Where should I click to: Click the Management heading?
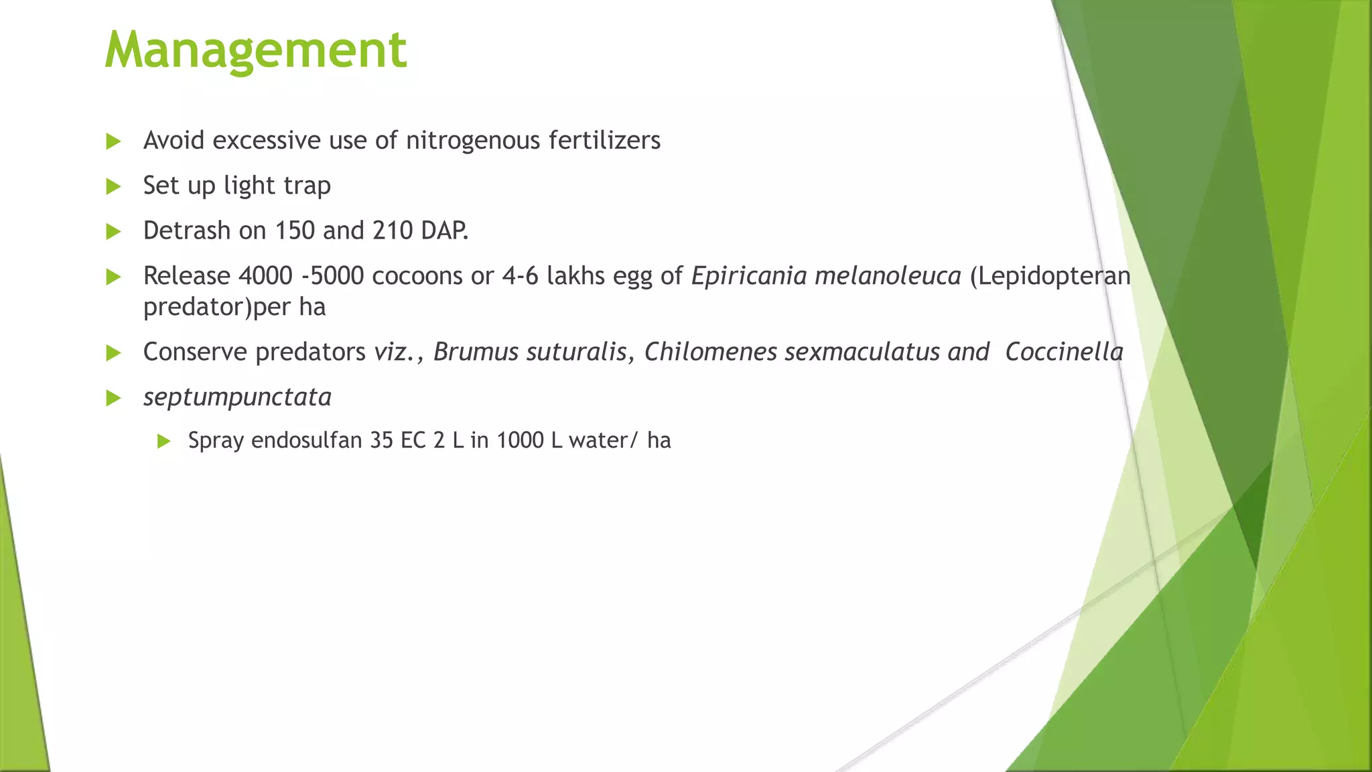coord(255,50)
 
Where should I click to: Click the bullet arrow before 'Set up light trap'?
coord(113,186)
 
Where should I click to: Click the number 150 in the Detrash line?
coord(295,231)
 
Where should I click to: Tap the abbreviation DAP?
coord(443,231)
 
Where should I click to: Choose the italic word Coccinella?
coord(1064,352)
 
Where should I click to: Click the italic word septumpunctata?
coord(237,397)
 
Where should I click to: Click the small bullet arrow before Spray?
coord(163,441)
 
